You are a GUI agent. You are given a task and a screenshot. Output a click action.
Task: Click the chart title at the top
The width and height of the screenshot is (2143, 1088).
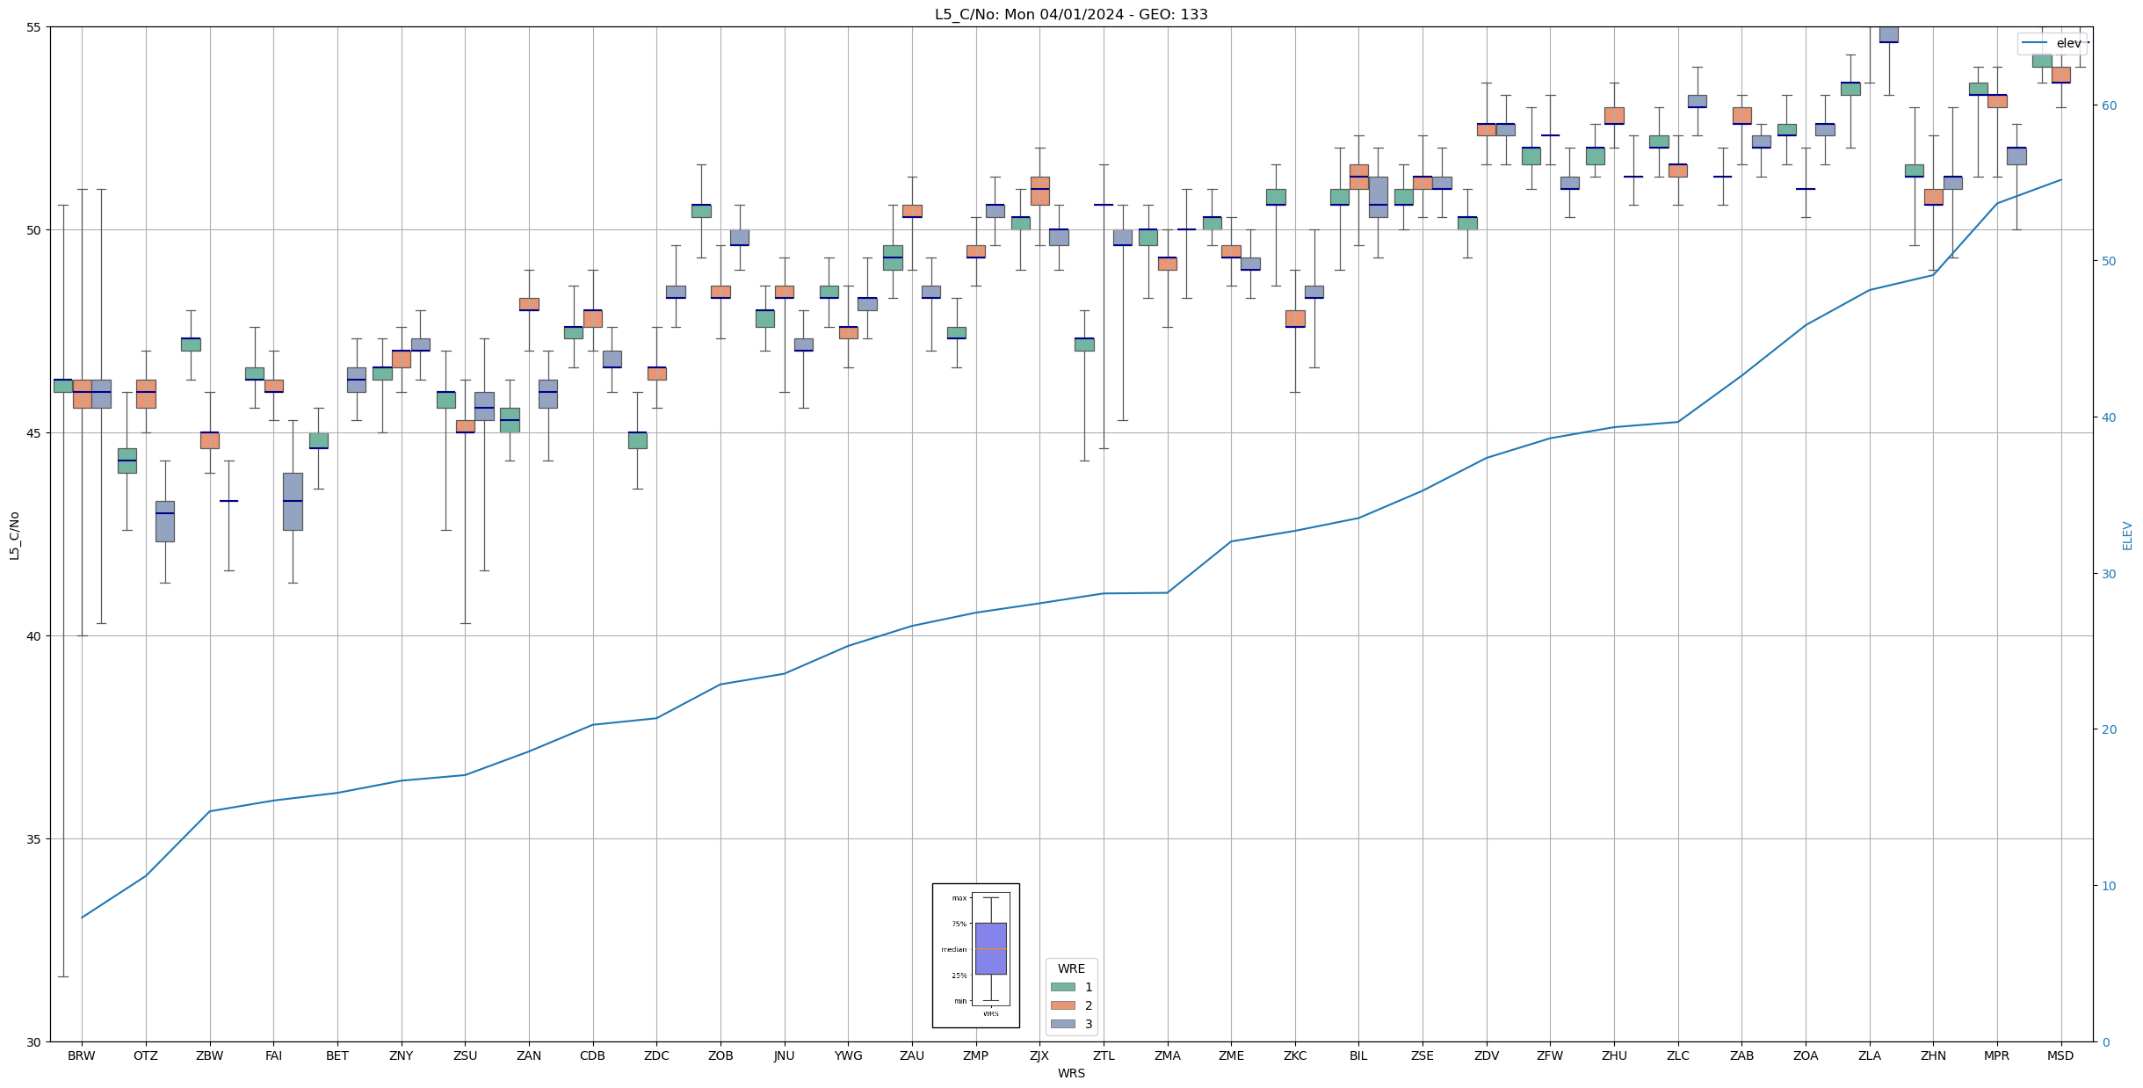click(x=1071, y=14)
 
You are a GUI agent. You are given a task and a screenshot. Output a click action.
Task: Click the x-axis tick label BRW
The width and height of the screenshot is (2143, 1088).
click(x=82, y=1055)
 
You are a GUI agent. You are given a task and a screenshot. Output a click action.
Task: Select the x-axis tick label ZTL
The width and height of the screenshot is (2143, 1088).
click(x=1104, y=1055)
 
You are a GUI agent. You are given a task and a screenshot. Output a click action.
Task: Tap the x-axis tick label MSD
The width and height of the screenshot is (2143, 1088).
click(x=2060, y=1055)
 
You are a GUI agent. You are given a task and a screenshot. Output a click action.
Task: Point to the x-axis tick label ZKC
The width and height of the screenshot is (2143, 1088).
click(x=1295, y=1055)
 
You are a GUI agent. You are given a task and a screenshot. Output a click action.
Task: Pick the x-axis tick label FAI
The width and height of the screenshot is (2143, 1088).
click(x=273, y=1055)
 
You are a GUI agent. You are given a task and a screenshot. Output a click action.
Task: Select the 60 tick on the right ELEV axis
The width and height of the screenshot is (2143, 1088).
click(x=2108, y=105)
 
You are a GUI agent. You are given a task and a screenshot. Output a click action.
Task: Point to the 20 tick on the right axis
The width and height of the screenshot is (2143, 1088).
click(x=2108, y=729)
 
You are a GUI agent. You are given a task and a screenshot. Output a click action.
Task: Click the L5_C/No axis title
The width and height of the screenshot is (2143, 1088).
click(x=14, y=535)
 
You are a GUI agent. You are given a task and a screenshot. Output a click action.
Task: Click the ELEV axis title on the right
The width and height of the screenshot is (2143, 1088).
click(x=2127, y=535)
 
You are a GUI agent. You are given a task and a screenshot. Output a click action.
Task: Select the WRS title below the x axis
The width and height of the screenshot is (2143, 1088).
click(x=1071, y=1073)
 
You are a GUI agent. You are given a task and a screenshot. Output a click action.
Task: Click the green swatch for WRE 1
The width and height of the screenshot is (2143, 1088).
click(x=1062, y=987)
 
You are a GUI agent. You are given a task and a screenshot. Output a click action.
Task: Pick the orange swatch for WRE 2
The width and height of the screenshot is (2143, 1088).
click(x=1062, y=1005)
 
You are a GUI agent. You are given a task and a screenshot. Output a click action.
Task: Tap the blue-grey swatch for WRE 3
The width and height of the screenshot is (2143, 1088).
click(x=1062, y=1024)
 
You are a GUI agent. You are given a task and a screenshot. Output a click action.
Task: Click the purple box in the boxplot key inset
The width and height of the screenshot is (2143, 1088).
click(x=991, y=948)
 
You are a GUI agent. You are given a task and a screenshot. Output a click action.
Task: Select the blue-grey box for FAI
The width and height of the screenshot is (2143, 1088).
click(x=293, y=502)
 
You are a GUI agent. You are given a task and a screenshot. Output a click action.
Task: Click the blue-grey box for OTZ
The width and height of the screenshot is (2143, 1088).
click(x=165, y=521)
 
